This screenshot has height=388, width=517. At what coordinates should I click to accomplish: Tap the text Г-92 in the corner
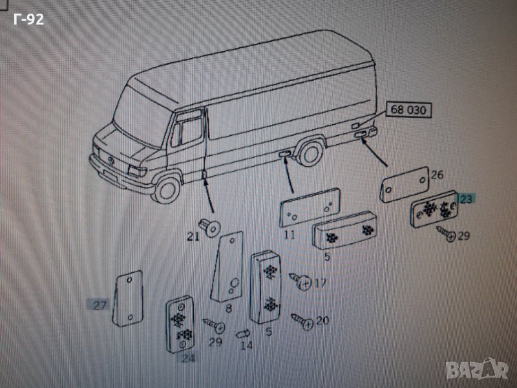point(28,19)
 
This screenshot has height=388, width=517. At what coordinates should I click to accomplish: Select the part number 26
point(437,175)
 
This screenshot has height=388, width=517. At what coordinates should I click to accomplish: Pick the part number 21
point(193,237)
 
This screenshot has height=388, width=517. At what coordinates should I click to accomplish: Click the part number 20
point(322,321)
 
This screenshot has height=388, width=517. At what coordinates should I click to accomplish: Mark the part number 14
point(246,346)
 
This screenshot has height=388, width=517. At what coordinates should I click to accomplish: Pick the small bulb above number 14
point(243,334)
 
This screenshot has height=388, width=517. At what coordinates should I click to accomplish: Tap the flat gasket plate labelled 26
point(405,183)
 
